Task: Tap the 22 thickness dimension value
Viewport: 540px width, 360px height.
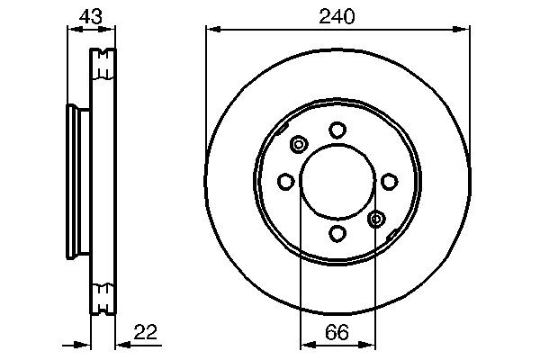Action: pyautogui.click(x=145, y=332)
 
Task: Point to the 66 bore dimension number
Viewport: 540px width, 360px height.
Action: pyautogui.click(x=337, y=331)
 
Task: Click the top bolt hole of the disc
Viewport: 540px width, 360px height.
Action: pyautogui.click(x=337, y=130)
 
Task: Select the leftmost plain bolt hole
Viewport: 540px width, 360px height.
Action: pyautogui.click(x=285, y=183)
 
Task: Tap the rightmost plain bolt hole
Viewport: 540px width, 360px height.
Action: pyautogui.click(x=389, y=183)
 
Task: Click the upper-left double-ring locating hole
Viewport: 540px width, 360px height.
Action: pyautogui.click(x=300, y=144)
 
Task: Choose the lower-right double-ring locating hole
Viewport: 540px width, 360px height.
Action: pyautogui.click(x=377, y=218)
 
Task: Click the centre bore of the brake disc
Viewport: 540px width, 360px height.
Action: pyautogui.click(x=337, y=182)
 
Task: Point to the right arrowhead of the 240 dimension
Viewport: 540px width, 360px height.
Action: pyautogui.click(x=463, y=29)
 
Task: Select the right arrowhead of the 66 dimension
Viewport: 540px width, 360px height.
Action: pyautogui.click(x=371, y=343)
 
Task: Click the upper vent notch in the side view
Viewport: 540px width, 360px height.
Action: pyautogui.click(x=104, y=64)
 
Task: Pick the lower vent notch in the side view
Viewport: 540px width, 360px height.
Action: pyautogui.click(x=104, y=293)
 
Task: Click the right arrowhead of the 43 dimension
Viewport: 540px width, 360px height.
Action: pyautogui.click(x=112, y=29)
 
